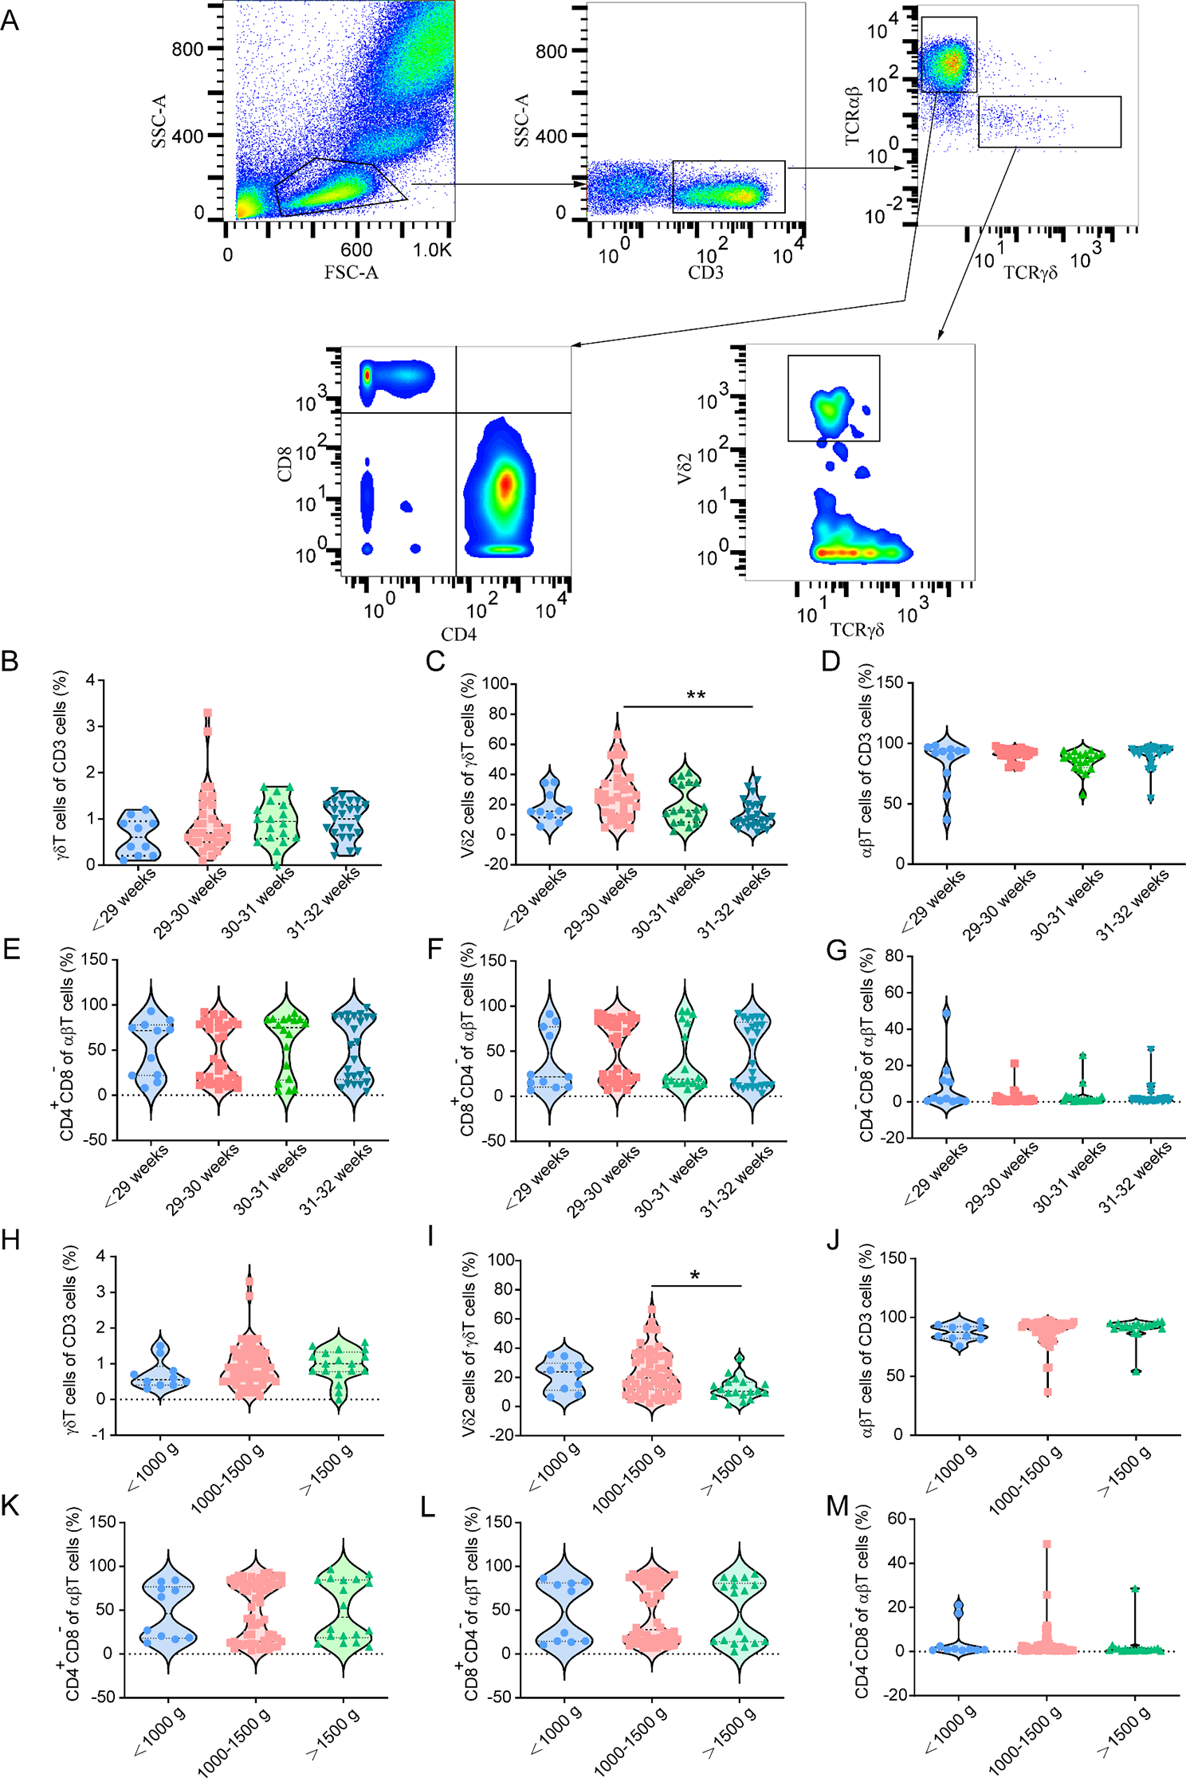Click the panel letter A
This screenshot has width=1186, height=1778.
click(10, 19)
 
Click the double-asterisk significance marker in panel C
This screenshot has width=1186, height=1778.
click(696, 695)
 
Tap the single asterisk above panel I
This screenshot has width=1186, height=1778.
click(695, 1276)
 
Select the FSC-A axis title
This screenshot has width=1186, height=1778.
click(351, 273)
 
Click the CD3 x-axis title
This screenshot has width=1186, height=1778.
click(705, 273)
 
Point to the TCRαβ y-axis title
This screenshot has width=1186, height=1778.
click(852, 116)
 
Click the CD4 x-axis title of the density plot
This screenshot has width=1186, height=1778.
click(458, 635)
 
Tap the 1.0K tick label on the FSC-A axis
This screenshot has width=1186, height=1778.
click(432, 250)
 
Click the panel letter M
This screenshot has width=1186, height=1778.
click(838, 1506)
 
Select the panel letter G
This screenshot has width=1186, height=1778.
click(837, 950)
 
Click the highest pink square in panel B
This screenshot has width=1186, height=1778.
click(207, 713)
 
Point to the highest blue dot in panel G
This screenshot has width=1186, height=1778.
click(946, 1014)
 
